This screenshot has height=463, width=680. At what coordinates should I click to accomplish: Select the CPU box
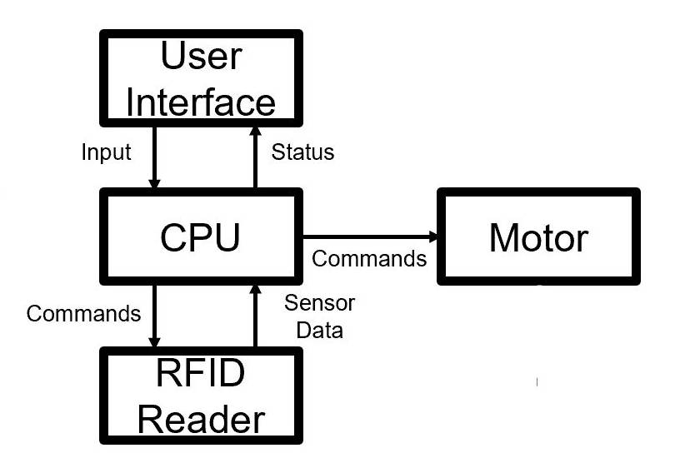[x=201, y=237]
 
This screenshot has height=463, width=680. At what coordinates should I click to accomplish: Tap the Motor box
[x=538, y=237]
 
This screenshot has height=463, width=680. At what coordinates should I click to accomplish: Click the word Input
[x=106, y=152]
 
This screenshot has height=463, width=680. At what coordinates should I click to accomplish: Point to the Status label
[x=303, y=152]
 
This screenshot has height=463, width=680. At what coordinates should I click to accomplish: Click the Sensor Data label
[x=319, y=316]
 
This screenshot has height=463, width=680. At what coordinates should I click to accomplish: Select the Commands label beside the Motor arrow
[x=369, y=258]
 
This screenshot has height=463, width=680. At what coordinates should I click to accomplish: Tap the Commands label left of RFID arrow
[x=83, y=313]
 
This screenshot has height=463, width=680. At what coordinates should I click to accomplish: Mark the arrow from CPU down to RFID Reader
[x=153, y=316]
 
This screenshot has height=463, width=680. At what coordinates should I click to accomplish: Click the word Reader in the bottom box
[x=201, y=418]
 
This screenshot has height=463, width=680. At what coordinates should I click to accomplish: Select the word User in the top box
[x=201, y=57]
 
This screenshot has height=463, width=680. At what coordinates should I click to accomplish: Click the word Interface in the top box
[x=201, y=102]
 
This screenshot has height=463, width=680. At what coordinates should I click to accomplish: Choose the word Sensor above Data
[x=319, y=302]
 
